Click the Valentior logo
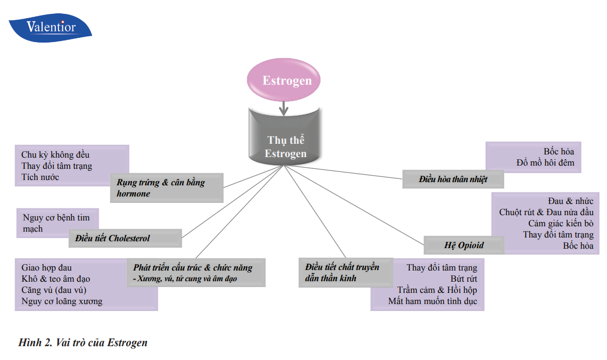[51, 28]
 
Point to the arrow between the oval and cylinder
[284, 108]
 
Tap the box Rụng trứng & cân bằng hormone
[167, 188]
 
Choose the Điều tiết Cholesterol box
[125, 239]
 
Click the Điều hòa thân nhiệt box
[453, 179]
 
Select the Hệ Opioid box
[464, 246]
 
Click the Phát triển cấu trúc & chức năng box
[195, 273]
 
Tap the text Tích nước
[40, 177]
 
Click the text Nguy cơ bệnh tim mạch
[56, 223]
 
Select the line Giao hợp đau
[46, 267]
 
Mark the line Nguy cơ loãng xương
[62, 301]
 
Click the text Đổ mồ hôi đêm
[545, 162]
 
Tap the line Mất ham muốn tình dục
[432, 301]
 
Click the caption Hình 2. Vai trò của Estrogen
[83, 342]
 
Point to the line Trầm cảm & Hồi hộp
[437, 290]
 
